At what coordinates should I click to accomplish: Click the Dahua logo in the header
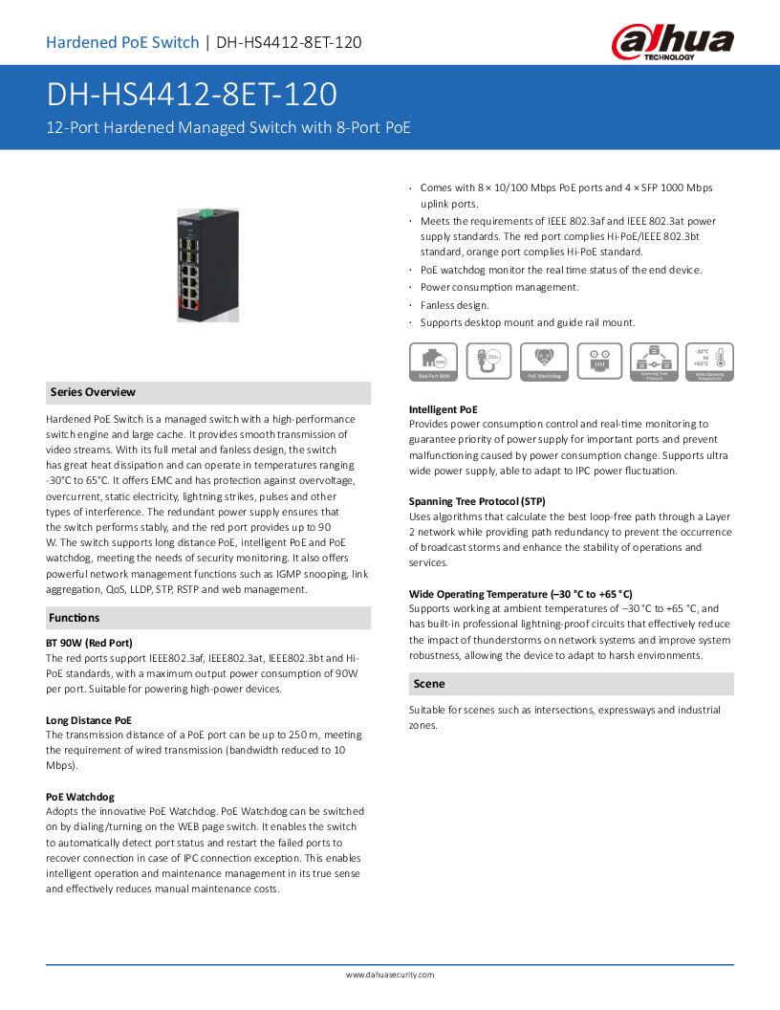coord(673,42)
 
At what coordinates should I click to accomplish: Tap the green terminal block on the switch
coord(205,210)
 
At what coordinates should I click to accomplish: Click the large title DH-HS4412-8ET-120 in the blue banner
coord(192,95)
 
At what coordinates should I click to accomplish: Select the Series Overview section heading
coord(93,392)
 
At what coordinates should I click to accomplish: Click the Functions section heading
coord(75,618)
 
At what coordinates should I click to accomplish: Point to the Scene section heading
coord(429,684)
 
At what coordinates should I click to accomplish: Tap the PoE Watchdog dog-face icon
coord(544,358)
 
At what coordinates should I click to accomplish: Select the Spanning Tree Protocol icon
coord(655,362)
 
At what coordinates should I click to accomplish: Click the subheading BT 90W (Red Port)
coord(89,643)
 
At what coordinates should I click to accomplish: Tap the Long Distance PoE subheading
coord(89,719)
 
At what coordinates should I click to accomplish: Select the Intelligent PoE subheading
coord(444,408)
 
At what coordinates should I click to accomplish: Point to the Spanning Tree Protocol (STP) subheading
coord(477,501)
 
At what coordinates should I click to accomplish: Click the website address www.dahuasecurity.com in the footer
coord(390,975)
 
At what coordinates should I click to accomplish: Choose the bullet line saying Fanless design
coord(455,305)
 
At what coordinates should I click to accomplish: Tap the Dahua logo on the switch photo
coord(184,222)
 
